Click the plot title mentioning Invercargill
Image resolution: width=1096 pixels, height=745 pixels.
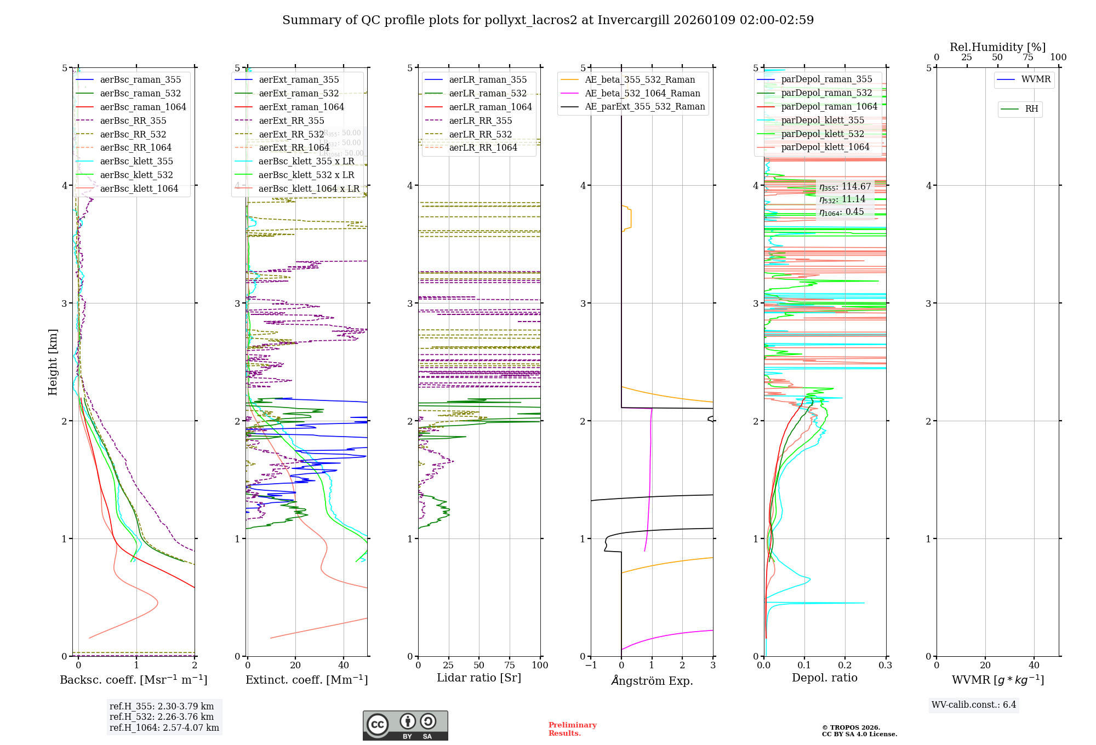point(548,20)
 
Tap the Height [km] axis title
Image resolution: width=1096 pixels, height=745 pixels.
point(53,362)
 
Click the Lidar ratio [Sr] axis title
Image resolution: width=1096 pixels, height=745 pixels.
point(478,678)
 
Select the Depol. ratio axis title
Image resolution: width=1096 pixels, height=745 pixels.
point(824,678)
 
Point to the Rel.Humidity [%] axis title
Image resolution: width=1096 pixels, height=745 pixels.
point(997,47)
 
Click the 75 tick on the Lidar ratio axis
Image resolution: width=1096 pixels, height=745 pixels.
point(510,665)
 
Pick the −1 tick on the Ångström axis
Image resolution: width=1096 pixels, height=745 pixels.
point(591,665)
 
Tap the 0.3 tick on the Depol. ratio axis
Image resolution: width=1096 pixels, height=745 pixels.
point(885,665)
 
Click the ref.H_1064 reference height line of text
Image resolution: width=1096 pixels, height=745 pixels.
point(164,727)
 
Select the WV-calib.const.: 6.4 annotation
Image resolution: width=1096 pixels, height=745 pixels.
point(973,704)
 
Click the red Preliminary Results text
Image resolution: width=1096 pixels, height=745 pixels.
point(572,729)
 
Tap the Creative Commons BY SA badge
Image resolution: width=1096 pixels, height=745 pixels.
point(405,725)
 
